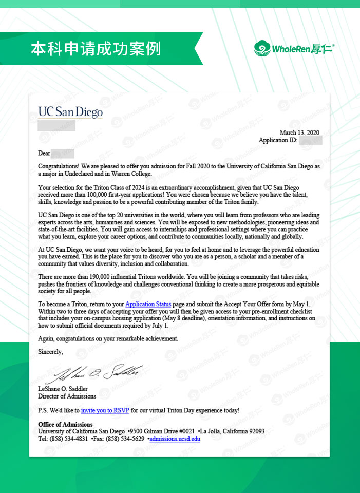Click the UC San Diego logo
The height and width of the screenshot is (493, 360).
click(70, 112)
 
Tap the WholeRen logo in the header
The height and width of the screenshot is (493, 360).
click(294, 49)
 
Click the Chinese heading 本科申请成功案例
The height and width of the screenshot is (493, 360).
click(96, 49)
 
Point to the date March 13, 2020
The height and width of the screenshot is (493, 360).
click(299, 133)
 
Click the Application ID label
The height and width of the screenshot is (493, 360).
click(278, 140)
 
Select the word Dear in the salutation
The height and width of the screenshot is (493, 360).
click(44, 153)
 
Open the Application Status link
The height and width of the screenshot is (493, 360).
click(148, 305)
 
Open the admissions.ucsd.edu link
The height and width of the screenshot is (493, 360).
click(175, 439)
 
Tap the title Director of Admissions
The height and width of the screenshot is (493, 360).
click(67, 396)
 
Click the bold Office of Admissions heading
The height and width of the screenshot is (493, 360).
click(65, 425)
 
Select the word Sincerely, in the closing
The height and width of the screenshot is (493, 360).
click(50, 352)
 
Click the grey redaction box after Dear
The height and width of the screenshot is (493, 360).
click(63, 153)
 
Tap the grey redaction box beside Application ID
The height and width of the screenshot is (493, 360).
click(310, 140)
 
